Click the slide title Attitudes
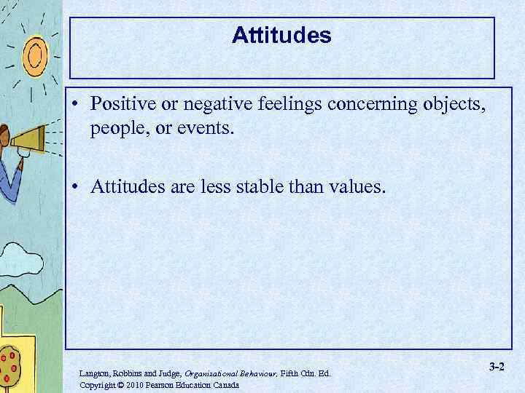[x=281, y=35]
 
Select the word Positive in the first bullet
[x=120, y=104]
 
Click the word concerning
[x=371, y=104]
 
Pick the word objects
[x=454, y=104]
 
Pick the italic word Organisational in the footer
[x=211, y=373]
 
